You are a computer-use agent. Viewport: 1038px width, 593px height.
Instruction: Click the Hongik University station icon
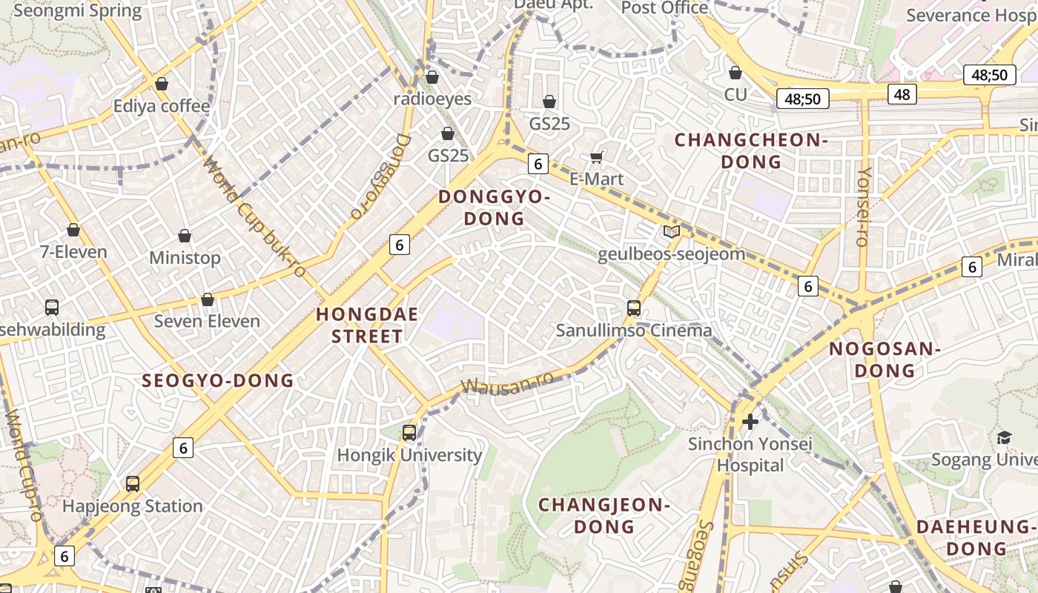point(409,433)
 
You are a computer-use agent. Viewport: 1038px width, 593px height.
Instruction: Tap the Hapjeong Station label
point(132,506)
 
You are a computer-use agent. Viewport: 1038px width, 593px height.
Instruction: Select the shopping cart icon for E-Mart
point(596,157)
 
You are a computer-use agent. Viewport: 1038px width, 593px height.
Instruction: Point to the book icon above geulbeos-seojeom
point(671,232)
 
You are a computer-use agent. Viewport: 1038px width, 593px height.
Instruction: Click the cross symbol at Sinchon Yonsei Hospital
point(750,422)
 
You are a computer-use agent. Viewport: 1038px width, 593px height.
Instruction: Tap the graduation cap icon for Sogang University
point(1004,437)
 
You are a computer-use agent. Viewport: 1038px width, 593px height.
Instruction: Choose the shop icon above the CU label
point(735,73)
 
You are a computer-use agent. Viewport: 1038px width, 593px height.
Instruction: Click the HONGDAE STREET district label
point(367,325)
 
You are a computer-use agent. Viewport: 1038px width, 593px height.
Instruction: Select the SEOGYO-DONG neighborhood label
point(218,381)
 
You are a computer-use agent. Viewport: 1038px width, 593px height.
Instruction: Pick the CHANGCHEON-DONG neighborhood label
point(751,150)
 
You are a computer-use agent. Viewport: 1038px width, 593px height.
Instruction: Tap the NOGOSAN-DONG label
point(885,360)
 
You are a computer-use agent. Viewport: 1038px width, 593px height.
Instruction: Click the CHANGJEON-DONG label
point(604,516)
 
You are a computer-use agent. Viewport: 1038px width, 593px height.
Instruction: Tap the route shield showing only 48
point(902,94)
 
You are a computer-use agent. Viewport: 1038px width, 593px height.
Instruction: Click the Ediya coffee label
point(161,106)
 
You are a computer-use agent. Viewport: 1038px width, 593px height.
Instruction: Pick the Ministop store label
point(185,258)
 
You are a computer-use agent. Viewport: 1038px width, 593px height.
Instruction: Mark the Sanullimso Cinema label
point(634,331)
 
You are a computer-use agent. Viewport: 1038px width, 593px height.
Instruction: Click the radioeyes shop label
point(432,99)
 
